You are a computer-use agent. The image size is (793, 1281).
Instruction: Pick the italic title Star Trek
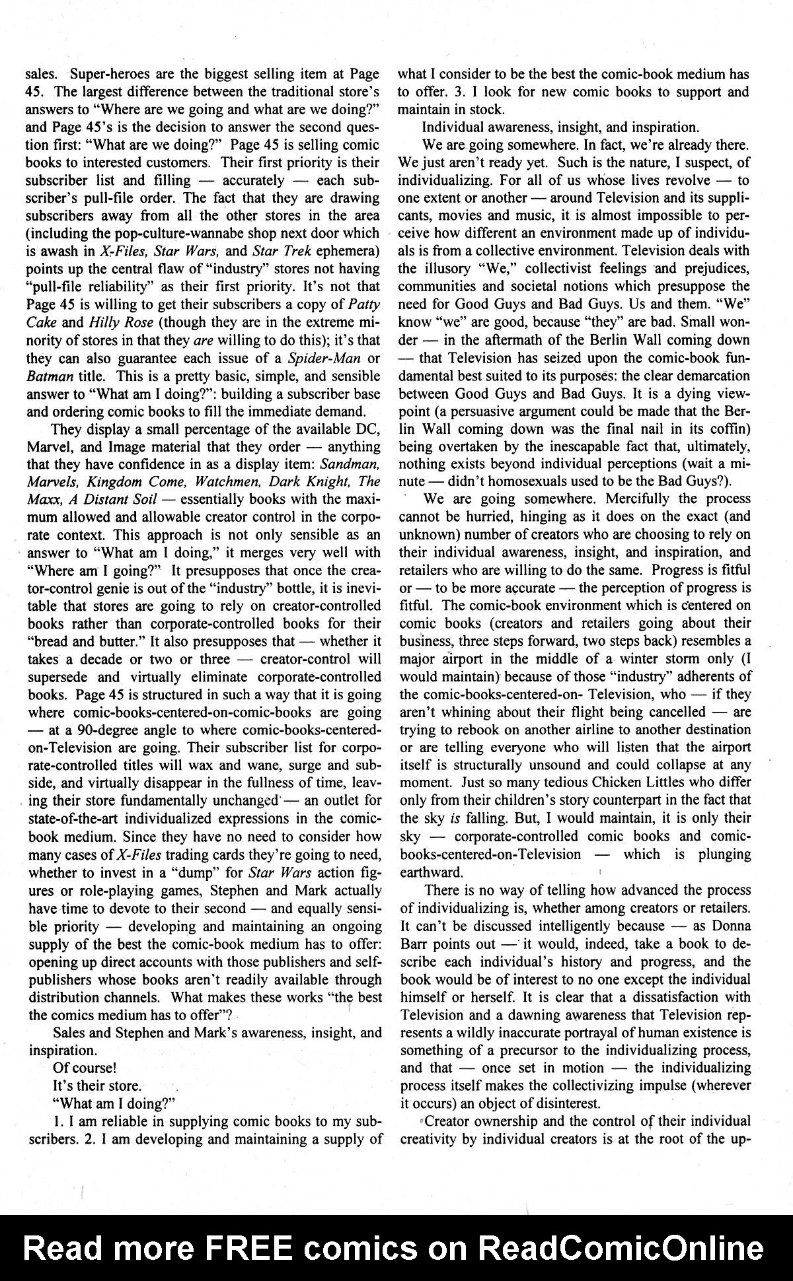(x=272, y=251)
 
